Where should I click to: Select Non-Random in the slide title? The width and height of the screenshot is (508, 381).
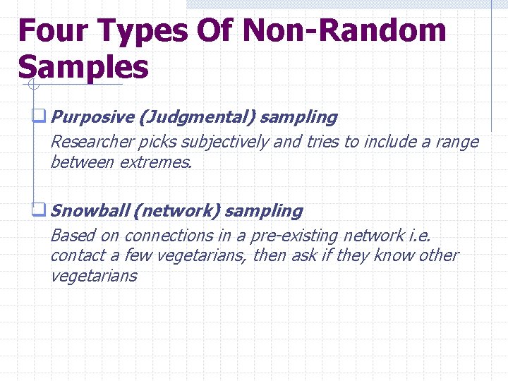pos(344,31)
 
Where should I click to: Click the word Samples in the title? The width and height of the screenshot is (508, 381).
pos(83,67)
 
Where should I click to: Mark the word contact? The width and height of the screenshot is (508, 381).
pos(76,255)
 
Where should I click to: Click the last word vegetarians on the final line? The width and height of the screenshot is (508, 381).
pos(93,276)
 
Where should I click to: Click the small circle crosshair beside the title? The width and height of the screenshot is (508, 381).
pos(32,85)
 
